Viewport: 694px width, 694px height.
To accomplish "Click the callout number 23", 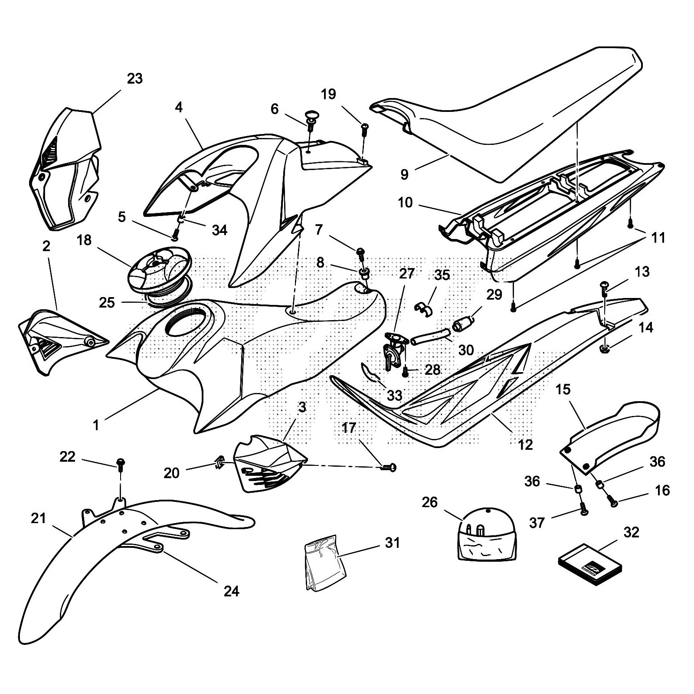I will coord(134,79).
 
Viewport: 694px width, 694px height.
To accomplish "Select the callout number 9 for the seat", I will coord(404,174).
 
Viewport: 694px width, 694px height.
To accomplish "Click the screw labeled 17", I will coord(389,467).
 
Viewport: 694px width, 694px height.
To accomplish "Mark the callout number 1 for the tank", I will coord(96,425).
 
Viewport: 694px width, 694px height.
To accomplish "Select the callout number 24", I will coord(231,591).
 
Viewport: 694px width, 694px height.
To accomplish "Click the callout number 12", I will coord(525,445).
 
